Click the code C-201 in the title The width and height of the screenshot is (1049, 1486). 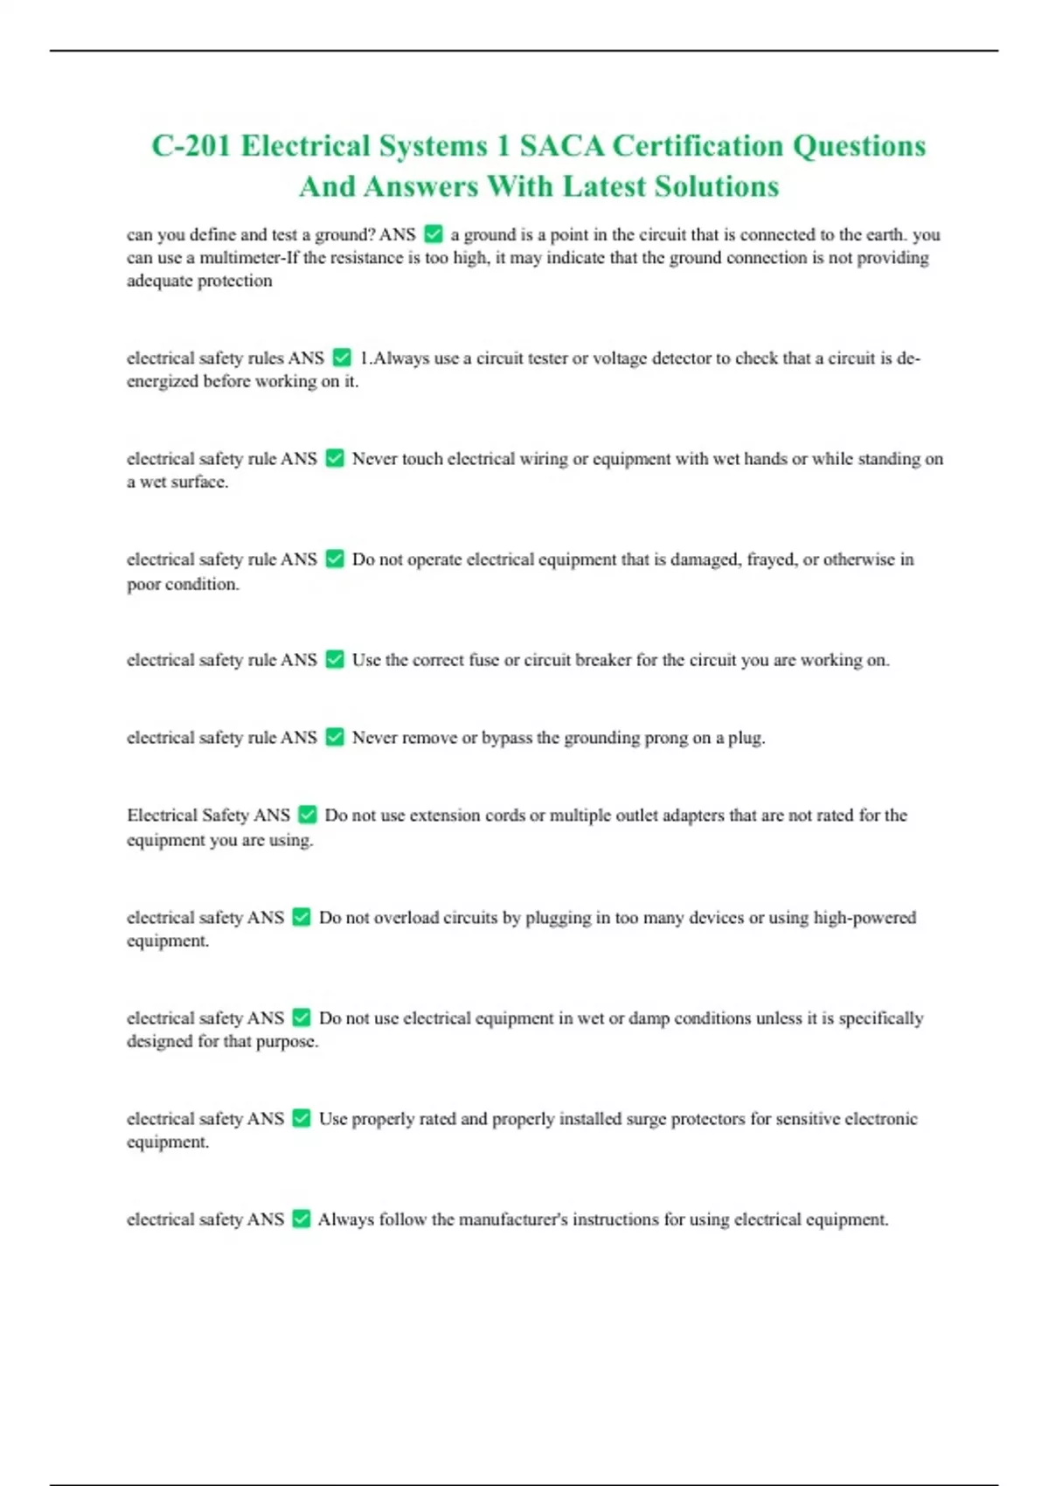pos(191,145)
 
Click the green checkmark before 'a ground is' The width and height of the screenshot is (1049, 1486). pos(434,234)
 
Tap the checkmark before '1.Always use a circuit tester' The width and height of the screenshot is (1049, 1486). pos(342,358)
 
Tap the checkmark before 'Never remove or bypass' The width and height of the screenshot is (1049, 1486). pos(335,738)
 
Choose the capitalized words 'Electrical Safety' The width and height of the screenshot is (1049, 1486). pos(208,816)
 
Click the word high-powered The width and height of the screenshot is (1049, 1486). pos(865,918)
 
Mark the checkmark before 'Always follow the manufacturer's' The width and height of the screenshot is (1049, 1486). pos(302,1219)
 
